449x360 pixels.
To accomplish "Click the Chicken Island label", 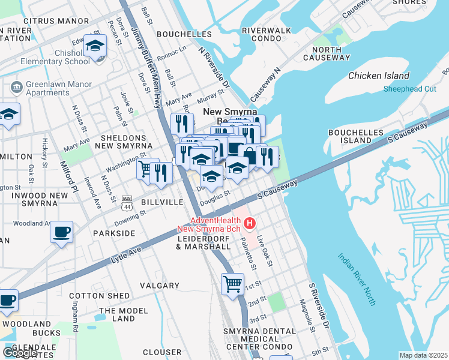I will [x=379, y=76].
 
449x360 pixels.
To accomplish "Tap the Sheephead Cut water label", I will [x=410, y=89].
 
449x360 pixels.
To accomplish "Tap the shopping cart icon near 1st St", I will [x=232, y=283].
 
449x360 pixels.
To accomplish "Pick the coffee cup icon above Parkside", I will [x=62, y=231].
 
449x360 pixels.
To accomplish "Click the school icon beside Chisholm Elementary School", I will [x=95, y=46].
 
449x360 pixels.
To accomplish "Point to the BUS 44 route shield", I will [x=127, y=203].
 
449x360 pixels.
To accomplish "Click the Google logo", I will [x=20, y=352].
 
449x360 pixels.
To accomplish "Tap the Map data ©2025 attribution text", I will [x=423, y=355].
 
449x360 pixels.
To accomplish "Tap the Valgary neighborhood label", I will [x=160, y=286].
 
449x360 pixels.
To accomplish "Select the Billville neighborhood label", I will [x=161, y=203].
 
